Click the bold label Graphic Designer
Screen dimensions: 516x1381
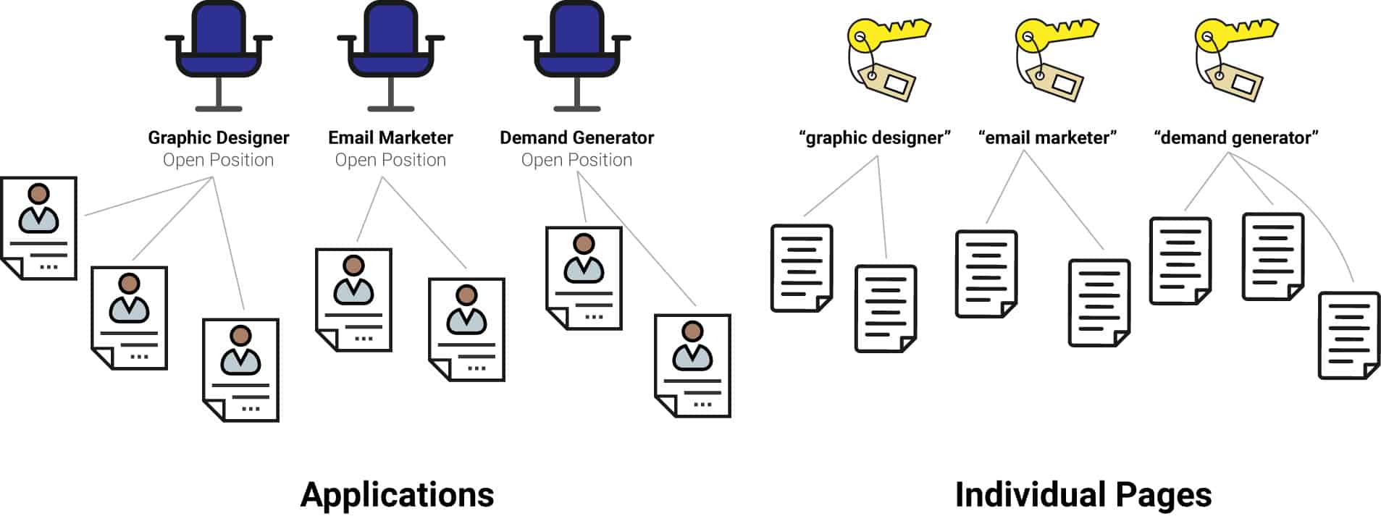click(x=218, y=138)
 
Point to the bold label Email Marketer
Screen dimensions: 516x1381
click(x=390, y=138)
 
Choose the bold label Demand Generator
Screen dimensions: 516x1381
click(x=576, y=138)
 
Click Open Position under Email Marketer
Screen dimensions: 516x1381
click(x=390, y=160)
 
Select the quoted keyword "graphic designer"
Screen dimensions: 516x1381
click(x=874, y=138)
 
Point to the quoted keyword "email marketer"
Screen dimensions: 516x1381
click(x=1047, y=138)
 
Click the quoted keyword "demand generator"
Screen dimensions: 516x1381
click(x=1235, y=138)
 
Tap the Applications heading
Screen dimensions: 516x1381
click(x=397, y=495)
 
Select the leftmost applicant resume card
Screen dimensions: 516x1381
click(x=39, y=227)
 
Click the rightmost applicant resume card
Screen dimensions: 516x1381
click(x=692, y=365)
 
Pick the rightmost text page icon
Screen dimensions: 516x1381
click(x=1348, y=335)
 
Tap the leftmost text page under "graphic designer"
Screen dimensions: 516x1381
click(x=801, y=268)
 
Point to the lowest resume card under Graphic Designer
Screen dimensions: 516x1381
click(x=240, y=369)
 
